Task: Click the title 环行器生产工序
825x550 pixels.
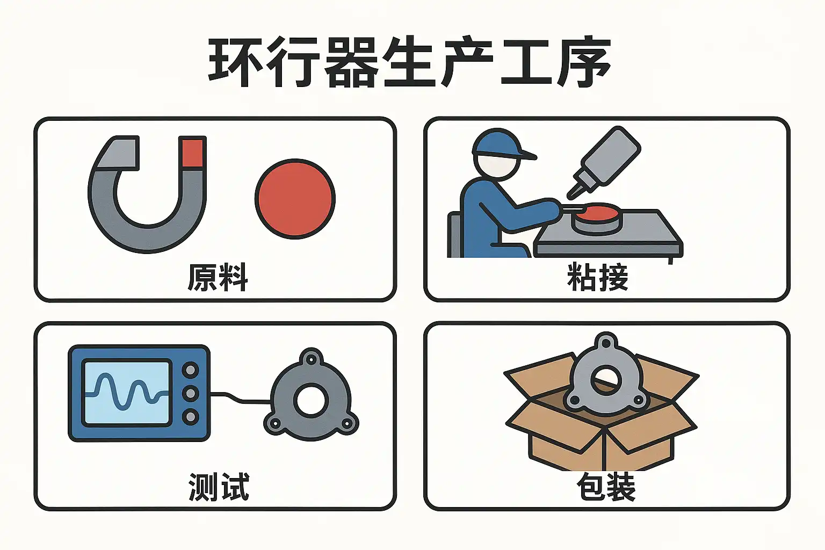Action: [410, 62]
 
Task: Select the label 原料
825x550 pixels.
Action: [218, 277]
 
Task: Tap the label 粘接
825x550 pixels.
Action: [597, 277]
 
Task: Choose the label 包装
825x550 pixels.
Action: [606, 487]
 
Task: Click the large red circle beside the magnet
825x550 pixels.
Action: [295, 199]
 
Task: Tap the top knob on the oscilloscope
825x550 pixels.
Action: [191, 370]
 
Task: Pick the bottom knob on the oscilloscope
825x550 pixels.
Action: [191, 417]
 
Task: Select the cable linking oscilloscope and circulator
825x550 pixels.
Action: [241, 398]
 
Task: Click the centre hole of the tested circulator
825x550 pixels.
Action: [311, 401]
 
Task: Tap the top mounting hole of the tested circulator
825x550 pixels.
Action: [311, 359]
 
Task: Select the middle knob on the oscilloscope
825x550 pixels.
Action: [191, 394]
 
